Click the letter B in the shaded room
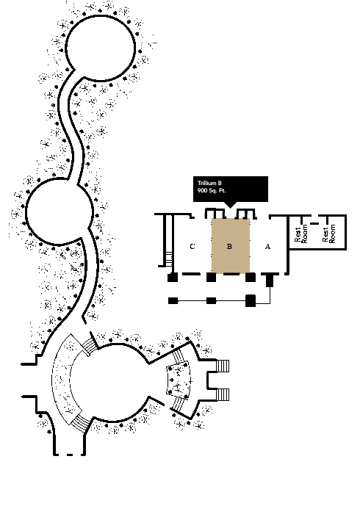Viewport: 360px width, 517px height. click(230, 246)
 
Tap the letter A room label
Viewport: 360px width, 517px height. click(267, 246)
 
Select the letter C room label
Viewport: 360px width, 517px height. click(192, 246)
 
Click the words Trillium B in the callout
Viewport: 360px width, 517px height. click(209, 183)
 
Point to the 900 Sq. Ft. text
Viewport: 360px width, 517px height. click(212, 191)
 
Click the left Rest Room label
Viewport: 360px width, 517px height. click(301, 234)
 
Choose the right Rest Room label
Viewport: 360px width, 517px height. click(328, 234)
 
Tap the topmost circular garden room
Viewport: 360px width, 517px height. click(101, 48)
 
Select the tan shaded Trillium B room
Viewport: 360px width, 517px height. click(230, 245)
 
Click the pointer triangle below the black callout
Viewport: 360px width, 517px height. click(230, 205)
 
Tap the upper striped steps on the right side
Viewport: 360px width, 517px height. click(223, 366)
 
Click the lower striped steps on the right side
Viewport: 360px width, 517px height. click(223, 394)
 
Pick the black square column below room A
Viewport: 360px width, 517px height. click(270, 281)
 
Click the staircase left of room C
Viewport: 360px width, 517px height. click(169, 258)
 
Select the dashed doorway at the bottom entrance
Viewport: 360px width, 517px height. click(70, 455)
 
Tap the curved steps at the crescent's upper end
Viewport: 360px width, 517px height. click(90, 346)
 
